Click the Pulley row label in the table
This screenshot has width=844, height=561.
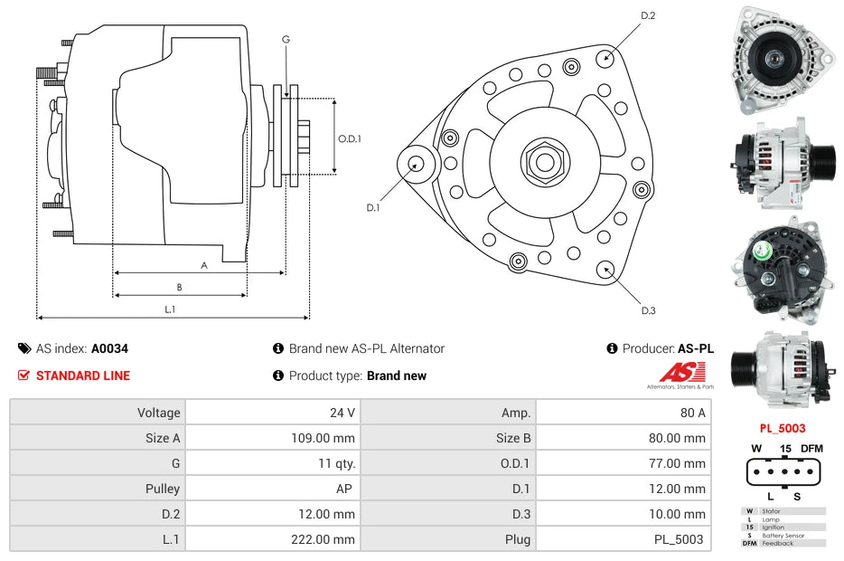163,489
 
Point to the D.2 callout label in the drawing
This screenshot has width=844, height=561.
648,15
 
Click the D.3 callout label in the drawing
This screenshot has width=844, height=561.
648,310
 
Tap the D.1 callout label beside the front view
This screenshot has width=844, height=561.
373,208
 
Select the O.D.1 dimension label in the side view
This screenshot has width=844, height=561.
350,138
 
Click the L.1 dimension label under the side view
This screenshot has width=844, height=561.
169,309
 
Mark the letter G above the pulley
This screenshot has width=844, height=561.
286,39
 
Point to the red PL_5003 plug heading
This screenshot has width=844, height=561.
782,428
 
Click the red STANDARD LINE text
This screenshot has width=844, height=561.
83,376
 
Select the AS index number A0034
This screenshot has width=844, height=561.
110,348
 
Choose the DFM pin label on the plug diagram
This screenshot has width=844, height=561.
812,449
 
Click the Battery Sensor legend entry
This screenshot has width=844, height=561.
783,535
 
